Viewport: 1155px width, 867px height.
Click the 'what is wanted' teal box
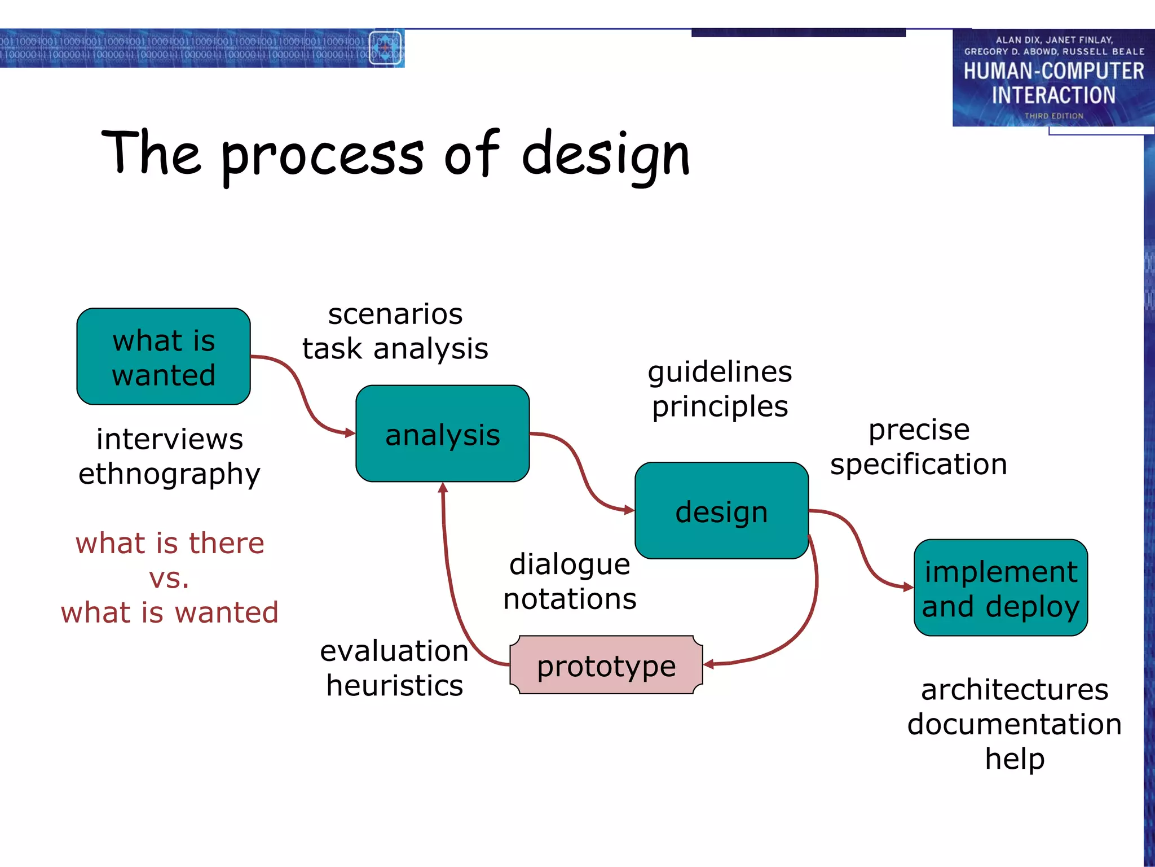164,357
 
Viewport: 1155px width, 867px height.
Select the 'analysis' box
443,433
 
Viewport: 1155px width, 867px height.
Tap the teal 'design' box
721,511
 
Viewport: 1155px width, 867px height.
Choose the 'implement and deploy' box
1000,588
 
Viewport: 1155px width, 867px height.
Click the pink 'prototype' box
606,665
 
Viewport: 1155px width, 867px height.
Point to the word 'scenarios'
395,314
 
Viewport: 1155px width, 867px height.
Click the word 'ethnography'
169,474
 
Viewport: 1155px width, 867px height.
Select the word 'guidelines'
720,372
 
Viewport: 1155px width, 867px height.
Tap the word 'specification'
919,465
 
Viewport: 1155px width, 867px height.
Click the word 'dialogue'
570,564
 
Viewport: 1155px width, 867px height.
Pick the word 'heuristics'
395,686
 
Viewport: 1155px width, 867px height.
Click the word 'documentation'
1014,724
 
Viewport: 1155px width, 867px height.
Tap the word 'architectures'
1014,690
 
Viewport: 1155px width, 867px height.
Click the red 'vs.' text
169,579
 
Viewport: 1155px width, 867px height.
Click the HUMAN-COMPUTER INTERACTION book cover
1053,78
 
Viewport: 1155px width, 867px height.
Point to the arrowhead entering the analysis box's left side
350,433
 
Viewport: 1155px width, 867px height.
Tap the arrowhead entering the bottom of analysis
443,488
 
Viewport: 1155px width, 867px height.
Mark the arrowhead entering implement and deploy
909,587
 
